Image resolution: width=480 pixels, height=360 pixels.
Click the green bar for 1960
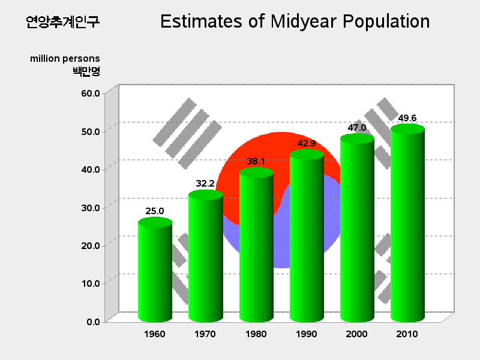[155, 269]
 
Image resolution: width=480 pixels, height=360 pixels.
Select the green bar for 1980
[256, 245]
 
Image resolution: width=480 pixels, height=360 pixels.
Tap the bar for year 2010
[407, 223]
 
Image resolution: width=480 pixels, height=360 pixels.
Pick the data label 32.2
[205, 184]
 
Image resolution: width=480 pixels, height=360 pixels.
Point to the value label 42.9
[307, 143]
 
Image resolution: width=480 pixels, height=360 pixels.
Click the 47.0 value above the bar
[357, 128]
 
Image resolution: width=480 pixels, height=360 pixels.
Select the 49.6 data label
[407, 118]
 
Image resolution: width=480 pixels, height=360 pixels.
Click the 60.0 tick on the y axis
[91, 94]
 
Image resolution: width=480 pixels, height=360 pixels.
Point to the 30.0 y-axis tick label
[91, 208]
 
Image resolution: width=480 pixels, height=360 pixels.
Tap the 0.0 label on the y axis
[94, 322]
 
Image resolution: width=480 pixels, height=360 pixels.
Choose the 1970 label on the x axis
[205, 334]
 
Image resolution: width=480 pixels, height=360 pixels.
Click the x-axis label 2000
[356, 334]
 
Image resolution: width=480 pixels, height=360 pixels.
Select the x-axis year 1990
[307, 334]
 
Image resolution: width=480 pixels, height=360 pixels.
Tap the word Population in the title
[386, 22]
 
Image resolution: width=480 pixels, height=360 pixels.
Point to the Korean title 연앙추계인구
[63, 22]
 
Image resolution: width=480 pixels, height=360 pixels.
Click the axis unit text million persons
[65, 58]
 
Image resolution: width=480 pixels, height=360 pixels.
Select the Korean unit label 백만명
[86, 71]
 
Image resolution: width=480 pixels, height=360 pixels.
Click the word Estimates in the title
[202, 22]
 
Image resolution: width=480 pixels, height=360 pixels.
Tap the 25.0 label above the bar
[155, 211]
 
